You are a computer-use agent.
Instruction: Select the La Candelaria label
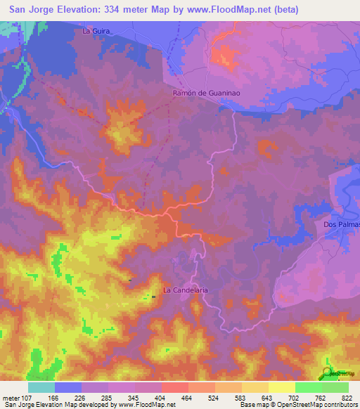186,289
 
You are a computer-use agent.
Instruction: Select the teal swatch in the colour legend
41,387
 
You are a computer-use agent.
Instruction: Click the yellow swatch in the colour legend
282,387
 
